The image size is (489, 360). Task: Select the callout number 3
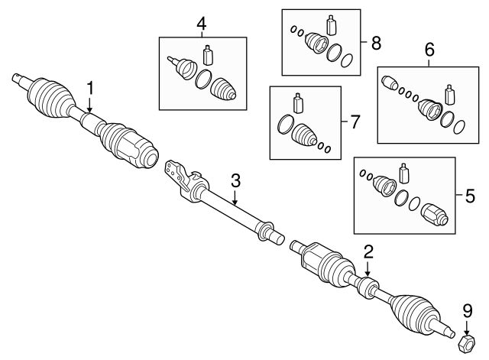coord(235,180)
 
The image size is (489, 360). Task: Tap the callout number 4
coord(201,24)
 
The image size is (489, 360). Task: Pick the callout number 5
coord(469,195)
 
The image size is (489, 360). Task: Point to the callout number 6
coord(429,51)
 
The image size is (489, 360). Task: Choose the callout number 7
coord(354,122)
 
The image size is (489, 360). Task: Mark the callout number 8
coord(375,43)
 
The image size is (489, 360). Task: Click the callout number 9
coord(467,310)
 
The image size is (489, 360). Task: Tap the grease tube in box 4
coord(208,56)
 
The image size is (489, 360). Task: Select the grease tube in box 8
coord(331,24)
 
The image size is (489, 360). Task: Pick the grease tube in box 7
coord(299,102)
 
